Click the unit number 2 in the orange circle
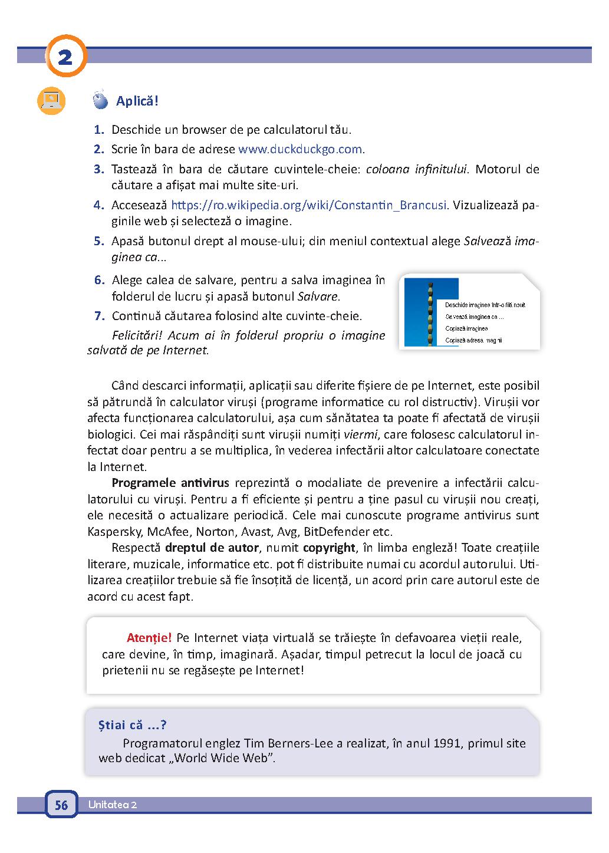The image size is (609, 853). pyautogui.click(x=65, y=57)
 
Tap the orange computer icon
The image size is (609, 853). pyautogui.click(x=51, y=101)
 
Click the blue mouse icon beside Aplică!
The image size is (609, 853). pyautogui.click(x=101, y=101)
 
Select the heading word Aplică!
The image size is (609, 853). pyautogui.click(x=137, y=101)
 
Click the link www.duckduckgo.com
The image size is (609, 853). pyautogui.click(x=300, y=149)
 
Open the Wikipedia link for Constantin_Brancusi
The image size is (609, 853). pyautogui.click(x=309, y=206)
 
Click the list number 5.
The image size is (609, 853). pyautogui.click(x=98, y=241)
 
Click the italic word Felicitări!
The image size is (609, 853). pyautogui.click(x=137, y=335)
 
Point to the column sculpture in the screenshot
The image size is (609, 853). pyautogui.click(x=430, y=312)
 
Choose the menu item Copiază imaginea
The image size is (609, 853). pyautogui.click(x=467, y=328)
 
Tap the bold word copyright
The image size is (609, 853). pyautogui.click(x=329, y=548)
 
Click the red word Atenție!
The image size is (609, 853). pyautogui.click(x=149, y=638)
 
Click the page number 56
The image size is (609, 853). pyautogui.click(x=61, y=805)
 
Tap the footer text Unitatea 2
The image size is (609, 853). pyautogui.click(x=113, y=805)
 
